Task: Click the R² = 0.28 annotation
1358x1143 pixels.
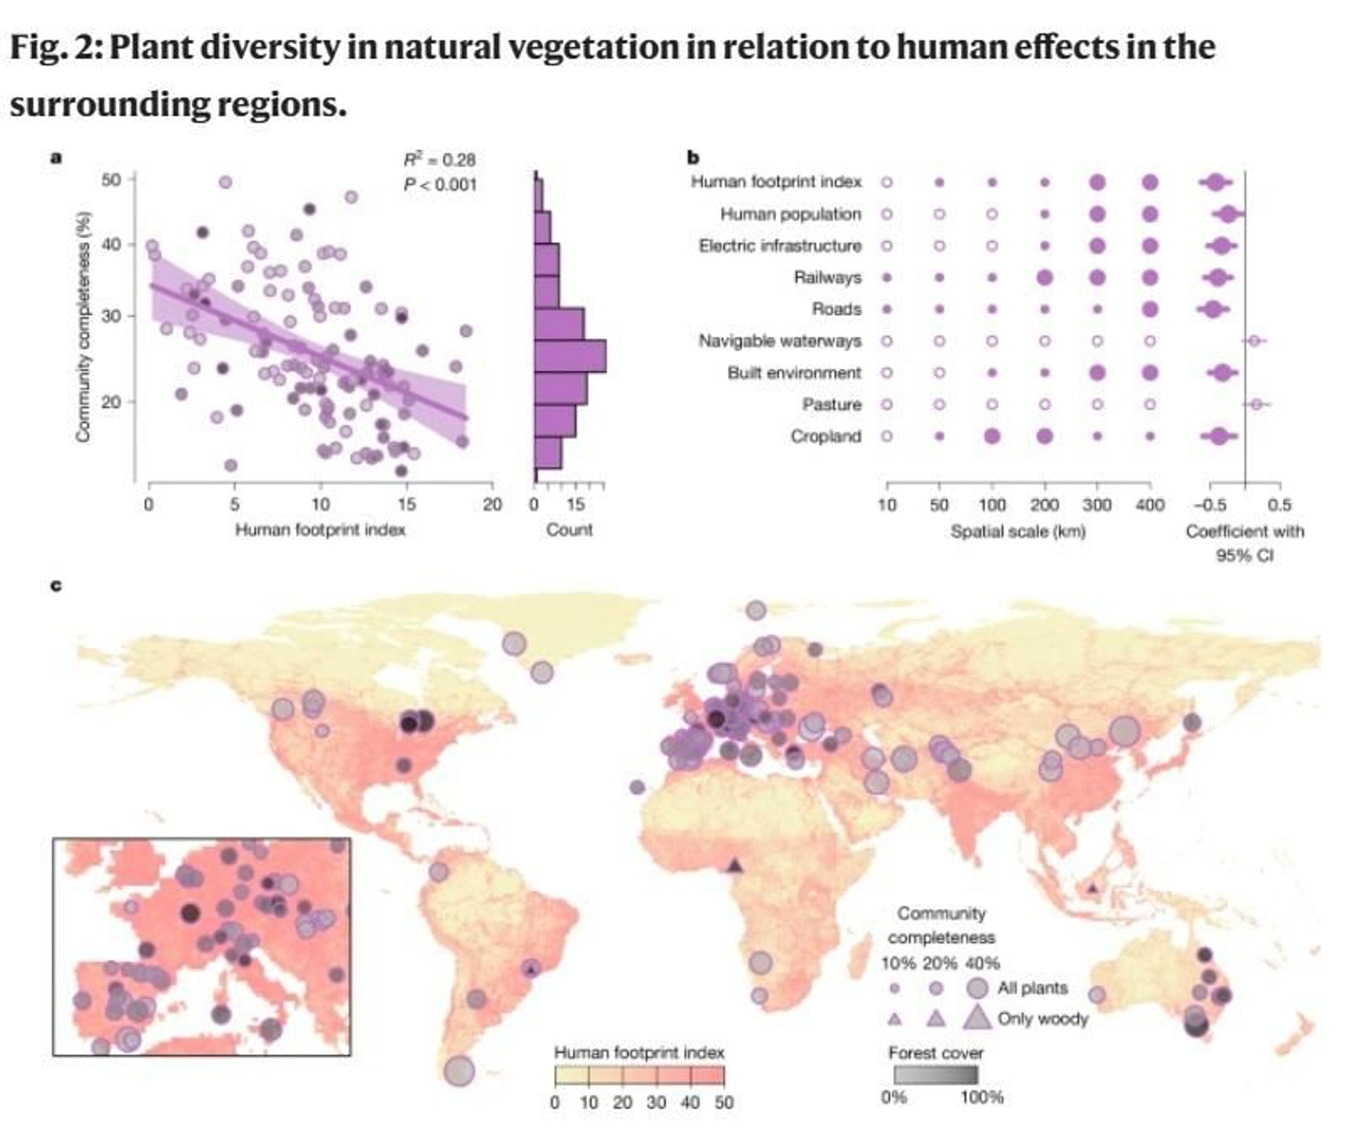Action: [439, 160]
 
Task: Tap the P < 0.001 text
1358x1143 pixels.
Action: [439, 184]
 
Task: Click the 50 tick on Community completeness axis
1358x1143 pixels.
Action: [111, 179]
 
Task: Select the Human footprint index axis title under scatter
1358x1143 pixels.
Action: [320, 530]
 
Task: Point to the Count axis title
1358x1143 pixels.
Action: [569, 530]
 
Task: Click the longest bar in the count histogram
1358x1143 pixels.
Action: [570, 356]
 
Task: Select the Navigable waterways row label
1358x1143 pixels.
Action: [779, 341]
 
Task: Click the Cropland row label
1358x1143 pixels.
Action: [825, 436]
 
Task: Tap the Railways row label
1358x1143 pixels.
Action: [827, 278]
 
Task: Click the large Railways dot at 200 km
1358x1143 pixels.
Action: [1044, 278]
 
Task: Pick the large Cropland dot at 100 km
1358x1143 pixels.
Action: [991, 436]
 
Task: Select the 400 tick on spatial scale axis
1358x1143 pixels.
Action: [1149, 505]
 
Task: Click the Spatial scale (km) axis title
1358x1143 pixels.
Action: [1018, 532]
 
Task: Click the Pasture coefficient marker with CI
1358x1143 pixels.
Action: [1256, 404]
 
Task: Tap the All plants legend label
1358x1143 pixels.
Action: [1032, 988]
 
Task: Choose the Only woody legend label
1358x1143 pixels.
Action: [1042, 1018]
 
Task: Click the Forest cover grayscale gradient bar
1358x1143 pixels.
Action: [935, 1075]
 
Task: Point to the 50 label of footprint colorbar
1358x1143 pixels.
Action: [723, 1102]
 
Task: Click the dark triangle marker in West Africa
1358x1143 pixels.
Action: [735, 865]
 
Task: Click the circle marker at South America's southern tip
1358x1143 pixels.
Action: [459, 1071]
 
